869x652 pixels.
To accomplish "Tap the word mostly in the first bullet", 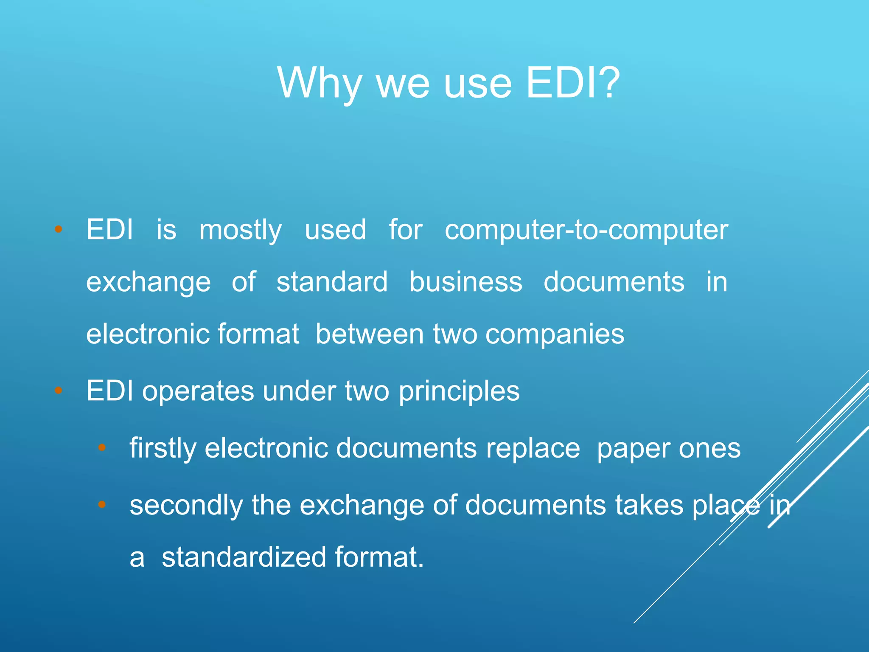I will [x=241, y=230].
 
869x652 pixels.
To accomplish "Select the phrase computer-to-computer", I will [x=586, y=230].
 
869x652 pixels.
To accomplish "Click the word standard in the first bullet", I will [x=332, y=282].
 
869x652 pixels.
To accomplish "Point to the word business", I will [x=465, y=282].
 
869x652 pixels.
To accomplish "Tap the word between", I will [x=369, y=334].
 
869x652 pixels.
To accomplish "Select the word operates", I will [x=198, y=391].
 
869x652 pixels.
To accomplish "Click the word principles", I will [x=459, y=391].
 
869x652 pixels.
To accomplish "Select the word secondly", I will [x=186, y=505].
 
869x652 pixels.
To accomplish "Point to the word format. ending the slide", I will [x=379, y=557].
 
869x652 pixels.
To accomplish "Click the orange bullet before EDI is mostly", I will [x=59, y=230].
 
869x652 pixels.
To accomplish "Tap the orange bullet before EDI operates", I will [x=59, y=390].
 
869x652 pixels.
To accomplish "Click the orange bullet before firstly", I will [x=102, y=447].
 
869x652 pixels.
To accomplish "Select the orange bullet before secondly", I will [x=102, y=504].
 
